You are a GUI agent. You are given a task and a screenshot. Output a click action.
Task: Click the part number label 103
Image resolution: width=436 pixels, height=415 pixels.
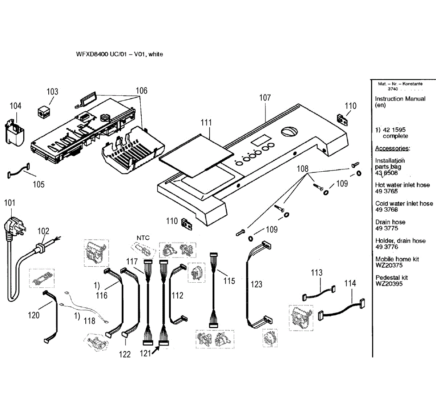point(52,92)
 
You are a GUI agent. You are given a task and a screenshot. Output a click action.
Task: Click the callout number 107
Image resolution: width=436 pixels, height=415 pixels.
point(265,97)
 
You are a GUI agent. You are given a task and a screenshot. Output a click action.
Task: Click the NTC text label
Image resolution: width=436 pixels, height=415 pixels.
point(143,238)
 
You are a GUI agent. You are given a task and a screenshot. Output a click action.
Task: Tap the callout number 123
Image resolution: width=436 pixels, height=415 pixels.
point(257,284)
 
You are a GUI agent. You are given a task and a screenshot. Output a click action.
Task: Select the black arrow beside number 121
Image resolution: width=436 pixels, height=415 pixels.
point(156,350)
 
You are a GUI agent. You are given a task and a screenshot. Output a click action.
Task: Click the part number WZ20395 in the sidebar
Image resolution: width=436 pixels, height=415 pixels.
point(389,284)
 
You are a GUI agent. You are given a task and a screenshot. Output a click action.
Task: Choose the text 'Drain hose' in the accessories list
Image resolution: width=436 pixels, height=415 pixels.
point(390,222)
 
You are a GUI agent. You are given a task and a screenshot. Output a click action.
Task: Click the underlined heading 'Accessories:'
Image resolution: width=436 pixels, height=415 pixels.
point(392,148)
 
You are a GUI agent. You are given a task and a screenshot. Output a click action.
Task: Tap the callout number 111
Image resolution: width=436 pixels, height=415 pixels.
point(206,123)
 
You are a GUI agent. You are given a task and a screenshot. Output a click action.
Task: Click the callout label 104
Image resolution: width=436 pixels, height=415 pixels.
point(16,106)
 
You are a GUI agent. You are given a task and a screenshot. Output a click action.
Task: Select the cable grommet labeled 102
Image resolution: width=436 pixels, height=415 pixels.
point(41,248)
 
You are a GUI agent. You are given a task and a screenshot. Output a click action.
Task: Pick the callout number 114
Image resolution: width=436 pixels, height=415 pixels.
point(350,283)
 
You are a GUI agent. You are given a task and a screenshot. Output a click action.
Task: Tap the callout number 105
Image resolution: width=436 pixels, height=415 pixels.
point(39,184)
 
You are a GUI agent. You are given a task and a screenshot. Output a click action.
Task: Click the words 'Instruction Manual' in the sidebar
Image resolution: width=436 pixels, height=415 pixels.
point(400,99)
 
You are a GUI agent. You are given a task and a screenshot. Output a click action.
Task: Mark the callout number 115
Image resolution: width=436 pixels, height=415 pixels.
point(229,281)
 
